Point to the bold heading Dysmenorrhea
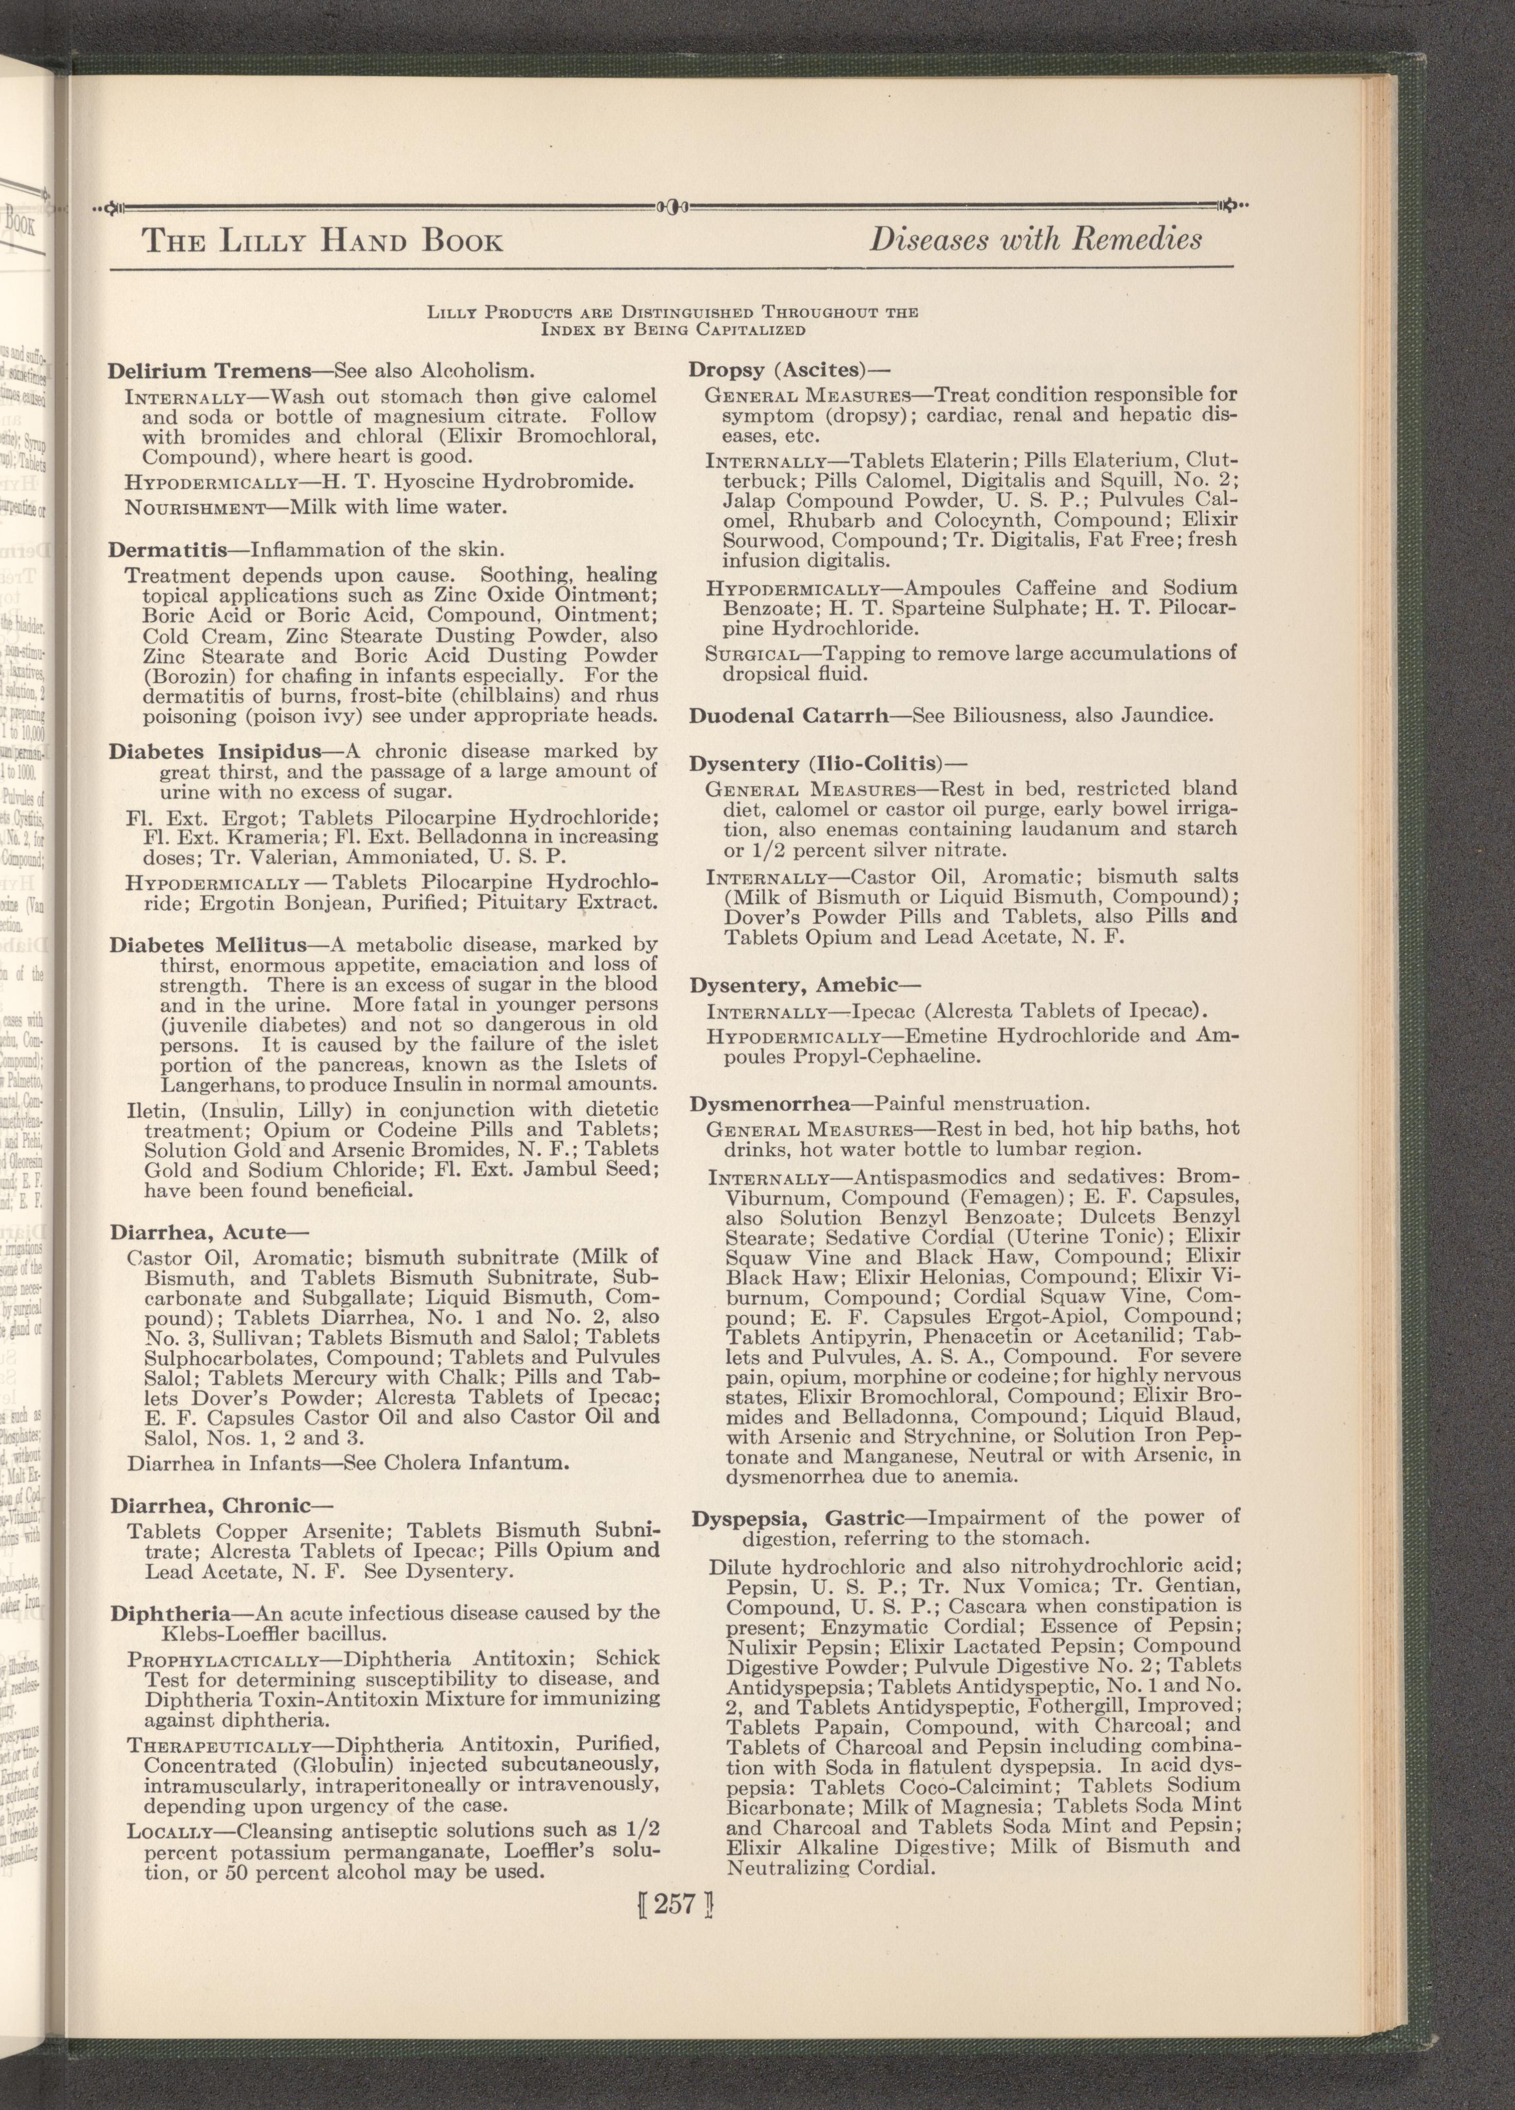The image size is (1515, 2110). [x=770, y=1104]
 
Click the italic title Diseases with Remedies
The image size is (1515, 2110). [x=1035, y=240]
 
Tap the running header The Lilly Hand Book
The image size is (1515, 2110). [x=322, y=242]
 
